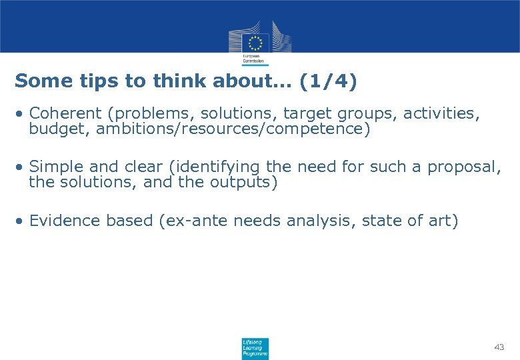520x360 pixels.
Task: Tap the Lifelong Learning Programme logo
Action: point(255,348)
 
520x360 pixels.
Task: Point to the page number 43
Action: point(499,347)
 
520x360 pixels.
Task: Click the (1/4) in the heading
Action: point(328,81)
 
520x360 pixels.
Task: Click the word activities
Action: point(443,113)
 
